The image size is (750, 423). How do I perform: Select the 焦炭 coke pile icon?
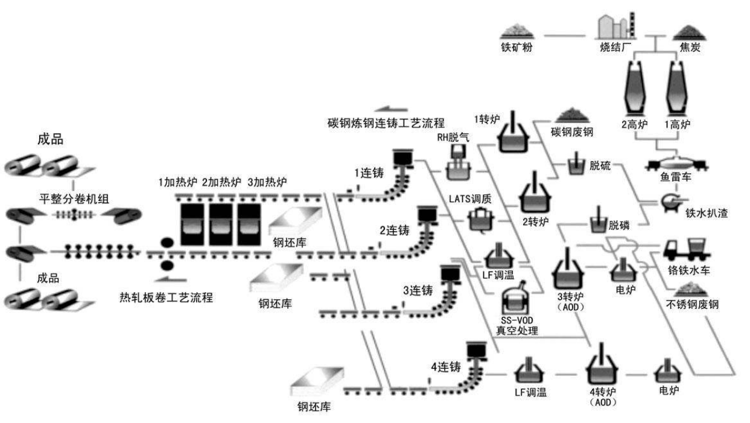688,31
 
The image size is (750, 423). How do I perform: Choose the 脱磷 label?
620,226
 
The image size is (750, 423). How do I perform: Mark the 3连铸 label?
418,290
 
